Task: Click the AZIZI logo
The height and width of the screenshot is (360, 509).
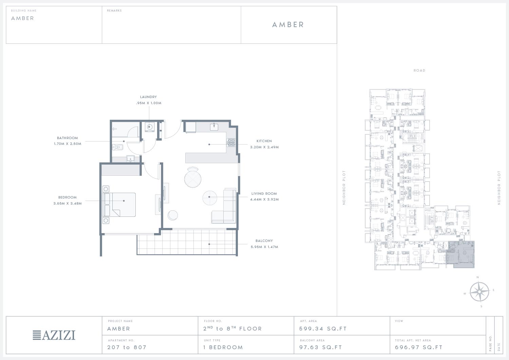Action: (x=54, y=335)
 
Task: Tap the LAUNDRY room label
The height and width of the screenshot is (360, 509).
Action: (x=148, y=97)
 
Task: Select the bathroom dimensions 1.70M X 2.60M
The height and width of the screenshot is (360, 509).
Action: (x=68, y=144)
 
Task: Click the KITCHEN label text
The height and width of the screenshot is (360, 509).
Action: (x=264, y=141)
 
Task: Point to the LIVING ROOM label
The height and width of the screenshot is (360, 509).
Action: (x=264, y=193)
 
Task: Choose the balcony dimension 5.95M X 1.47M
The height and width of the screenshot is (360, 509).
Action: (x=264, y=247)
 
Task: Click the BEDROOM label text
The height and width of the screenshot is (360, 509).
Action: (x=68, y=197)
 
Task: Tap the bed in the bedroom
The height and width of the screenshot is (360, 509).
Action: (x=119, y=205)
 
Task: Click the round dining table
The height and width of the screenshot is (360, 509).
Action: (x=193, y=179)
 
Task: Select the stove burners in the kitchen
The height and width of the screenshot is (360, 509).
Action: (x=231, y=143)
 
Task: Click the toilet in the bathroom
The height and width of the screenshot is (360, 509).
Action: (x=117, y=148)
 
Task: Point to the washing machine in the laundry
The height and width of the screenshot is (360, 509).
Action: (x=150, y=127)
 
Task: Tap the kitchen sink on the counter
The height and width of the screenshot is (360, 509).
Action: (x=214, y=127)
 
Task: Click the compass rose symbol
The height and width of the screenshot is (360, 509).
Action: (x=479, y=291)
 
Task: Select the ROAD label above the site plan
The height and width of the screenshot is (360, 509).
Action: (x=419, y=71)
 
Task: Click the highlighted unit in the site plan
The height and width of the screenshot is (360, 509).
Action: (x=460, y=254)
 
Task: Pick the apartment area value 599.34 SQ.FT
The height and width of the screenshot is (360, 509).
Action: (x=323, y=329)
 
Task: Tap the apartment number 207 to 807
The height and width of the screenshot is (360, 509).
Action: (x=127, y=347)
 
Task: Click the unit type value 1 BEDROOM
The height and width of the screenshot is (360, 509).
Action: (x=223, y=347)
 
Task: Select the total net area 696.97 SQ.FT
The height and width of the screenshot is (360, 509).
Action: (x=419, y=347)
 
